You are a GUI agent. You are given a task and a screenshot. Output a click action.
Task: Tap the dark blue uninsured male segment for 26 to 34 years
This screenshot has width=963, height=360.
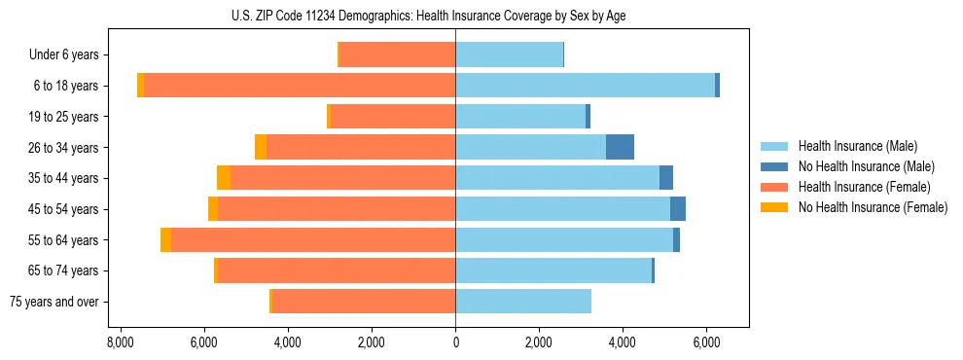(x=620, y=147)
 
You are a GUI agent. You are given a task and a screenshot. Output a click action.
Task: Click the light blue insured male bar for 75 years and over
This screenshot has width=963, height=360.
(x=523, y=302)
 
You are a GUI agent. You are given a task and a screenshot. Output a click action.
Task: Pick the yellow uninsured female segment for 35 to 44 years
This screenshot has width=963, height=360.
(x=224, y=178)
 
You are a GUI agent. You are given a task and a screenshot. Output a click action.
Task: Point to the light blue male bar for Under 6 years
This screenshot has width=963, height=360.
(x=509, y=54)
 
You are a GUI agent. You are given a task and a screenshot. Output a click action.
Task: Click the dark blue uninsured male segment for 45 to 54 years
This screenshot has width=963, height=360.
(x=678, y=209)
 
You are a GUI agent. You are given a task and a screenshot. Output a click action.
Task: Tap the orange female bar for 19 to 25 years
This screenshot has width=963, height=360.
(x=393, y=117)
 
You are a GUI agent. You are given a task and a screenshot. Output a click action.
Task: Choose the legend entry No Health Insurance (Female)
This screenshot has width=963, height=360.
(x=872, y=207)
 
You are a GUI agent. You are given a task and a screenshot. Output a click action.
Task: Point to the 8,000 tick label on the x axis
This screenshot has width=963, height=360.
(x=120, y=342)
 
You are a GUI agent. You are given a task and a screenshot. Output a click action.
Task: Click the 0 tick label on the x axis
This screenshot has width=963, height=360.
(x=455, y=342)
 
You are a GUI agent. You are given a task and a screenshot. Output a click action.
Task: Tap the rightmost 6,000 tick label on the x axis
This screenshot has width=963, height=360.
(x=706, y=342)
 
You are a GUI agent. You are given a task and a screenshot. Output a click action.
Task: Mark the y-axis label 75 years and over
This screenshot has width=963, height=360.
(x=54, y=302)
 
